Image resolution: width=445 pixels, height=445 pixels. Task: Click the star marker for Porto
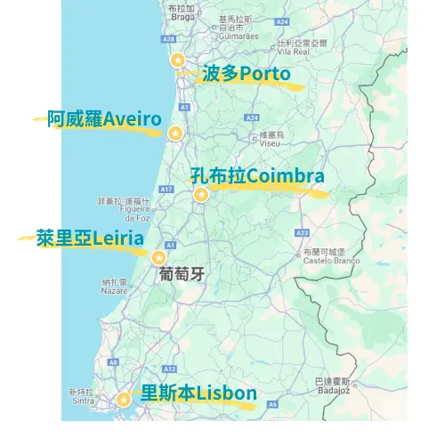click(178, 60)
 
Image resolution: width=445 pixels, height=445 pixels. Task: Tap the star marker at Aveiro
click(175, 133)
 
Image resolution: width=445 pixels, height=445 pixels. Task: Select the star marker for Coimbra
click(201, 195)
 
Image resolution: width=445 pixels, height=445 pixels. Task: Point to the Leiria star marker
click(159, 257)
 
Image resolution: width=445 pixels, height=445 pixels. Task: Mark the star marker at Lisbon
click(124, 400)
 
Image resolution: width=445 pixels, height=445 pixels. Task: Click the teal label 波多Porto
click(247, 74)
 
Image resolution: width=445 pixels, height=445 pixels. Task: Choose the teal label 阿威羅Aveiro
click(105, 118)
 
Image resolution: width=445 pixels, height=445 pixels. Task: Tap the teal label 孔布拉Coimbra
click(257, 175)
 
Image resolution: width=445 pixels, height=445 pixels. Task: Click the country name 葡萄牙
click(182, 275)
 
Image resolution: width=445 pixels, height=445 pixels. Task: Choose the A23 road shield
click(302, 232)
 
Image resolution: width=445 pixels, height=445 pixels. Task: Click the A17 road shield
click(166, 189)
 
